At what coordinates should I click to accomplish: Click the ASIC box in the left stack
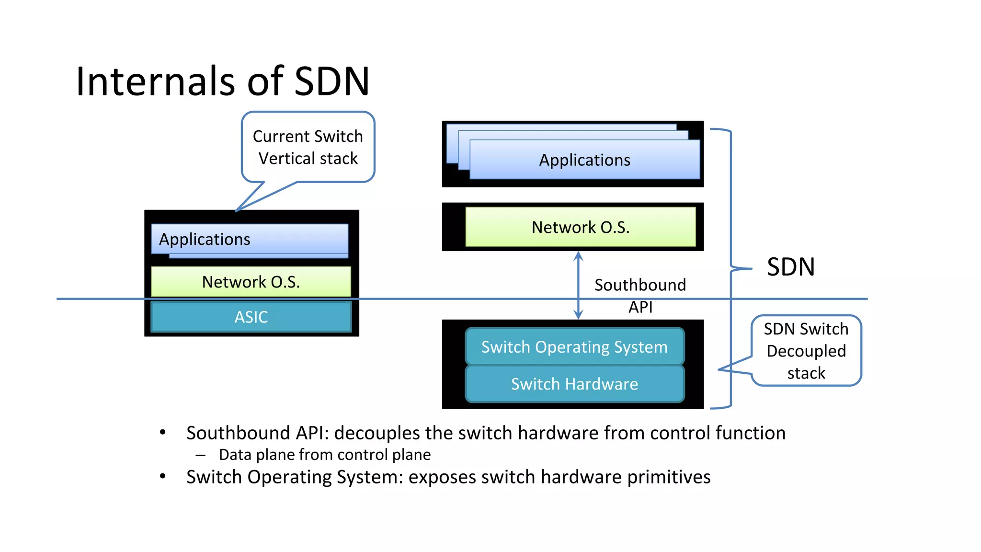[251, 317]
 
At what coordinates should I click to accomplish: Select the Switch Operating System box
[574, 346]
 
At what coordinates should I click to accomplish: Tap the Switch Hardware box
[574, 384]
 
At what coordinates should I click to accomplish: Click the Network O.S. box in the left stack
[251, 282]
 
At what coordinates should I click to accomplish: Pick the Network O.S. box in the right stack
[580, 227]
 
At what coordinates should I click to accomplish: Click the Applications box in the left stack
[249, 239]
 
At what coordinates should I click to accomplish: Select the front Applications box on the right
[584, 160]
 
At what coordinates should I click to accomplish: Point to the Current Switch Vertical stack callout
[308, 147]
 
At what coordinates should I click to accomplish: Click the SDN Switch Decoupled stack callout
[806, 351]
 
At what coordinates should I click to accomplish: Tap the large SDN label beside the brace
[790, 267]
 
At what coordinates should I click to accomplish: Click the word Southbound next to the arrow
[640, 285]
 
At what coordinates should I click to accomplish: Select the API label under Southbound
[640, 307]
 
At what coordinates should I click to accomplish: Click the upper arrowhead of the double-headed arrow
[578, 256]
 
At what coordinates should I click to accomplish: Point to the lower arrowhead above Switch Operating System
[578, 315]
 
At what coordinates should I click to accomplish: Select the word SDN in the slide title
[331, 81]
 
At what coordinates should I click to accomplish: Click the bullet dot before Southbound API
[163, 433]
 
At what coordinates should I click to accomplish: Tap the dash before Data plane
[200, 455]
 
